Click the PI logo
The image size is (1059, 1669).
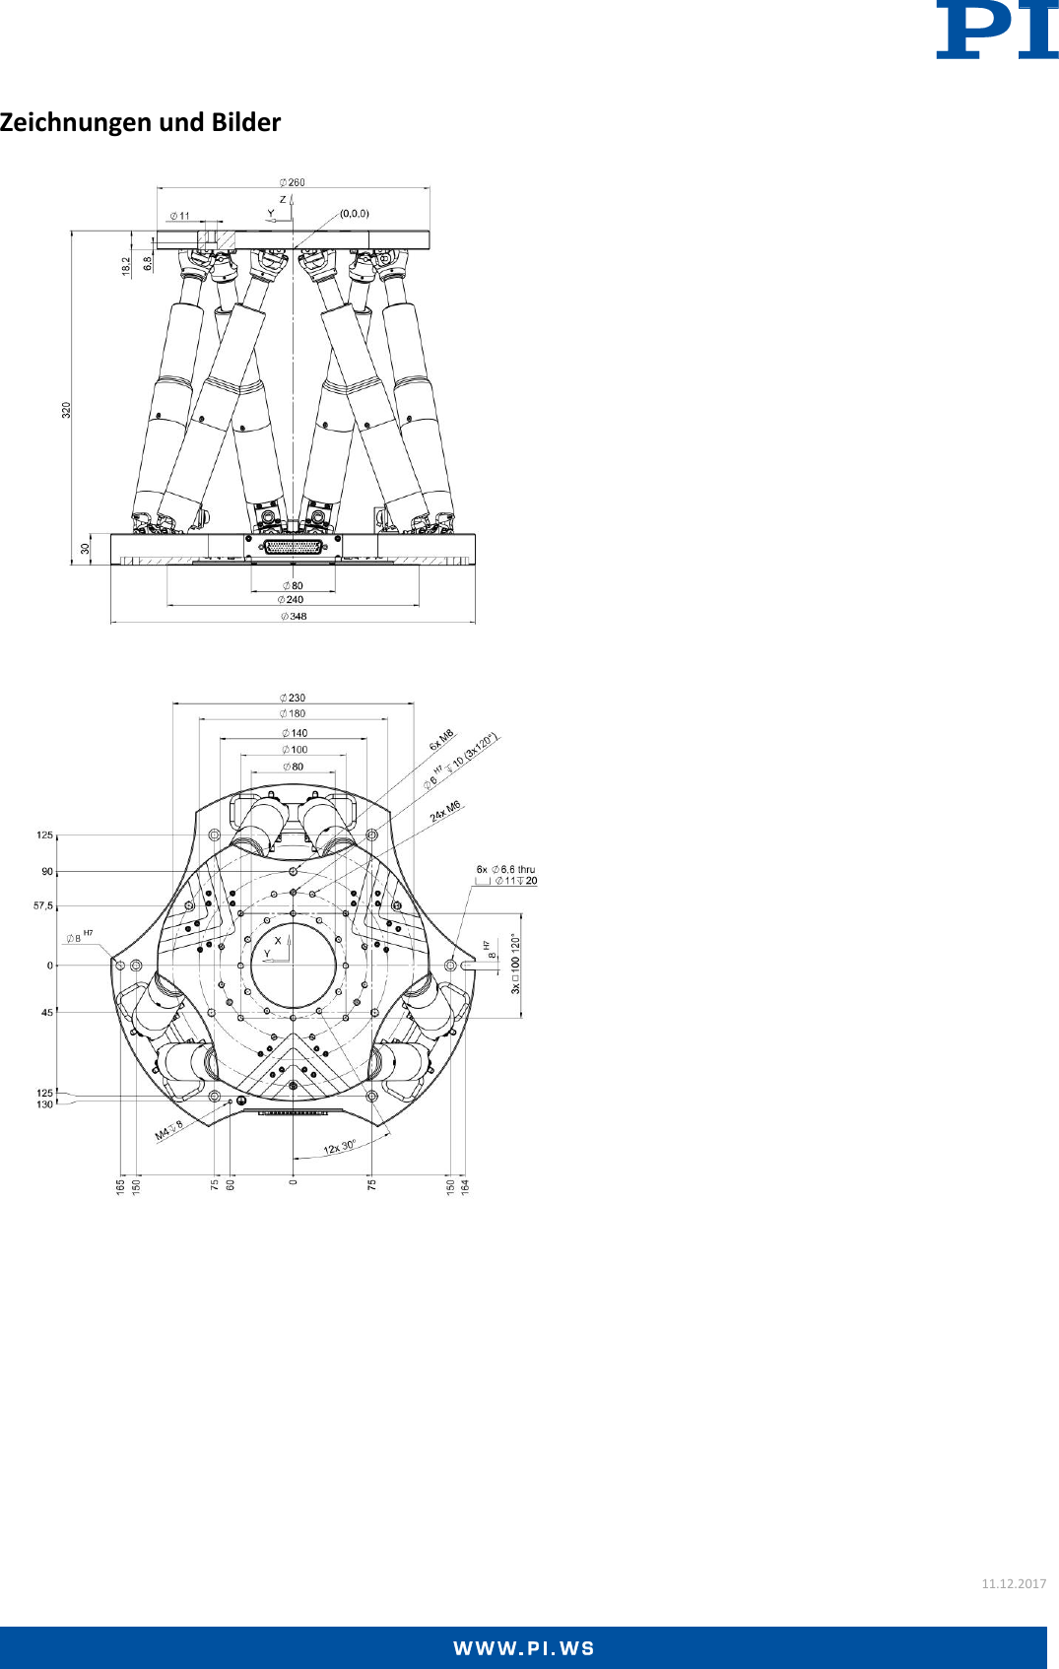(996, 30)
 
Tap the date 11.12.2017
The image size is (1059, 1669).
(1014, 1583)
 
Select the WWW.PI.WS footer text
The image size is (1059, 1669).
(524, 1649)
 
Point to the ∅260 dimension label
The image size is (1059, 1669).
(293, 182)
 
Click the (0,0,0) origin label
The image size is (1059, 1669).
(355, 213)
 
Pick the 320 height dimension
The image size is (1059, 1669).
(67, 409)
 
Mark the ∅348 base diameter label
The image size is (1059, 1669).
(294, 617)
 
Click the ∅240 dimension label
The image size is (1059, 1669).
(292, 599)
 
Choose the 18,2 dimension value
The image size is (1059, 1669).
(126, 266)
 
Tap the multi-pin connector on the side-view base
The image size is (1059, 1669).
(294, 547)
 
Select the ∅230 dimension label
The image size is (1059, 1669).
(293, 698)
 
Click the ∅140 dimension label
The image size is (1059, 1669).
(295, 733)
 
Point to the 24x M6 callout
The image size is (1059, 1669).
(445, 811)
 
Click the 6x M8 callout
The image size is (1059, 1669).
(441, 739)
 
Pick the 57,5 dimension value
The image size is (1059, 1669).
(43, 905)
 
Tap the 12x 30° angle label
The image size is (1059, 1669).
(340, 1147)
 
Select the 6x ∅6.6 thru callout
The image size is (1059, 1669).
(505, 870)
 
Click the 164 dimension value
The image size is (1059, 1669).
(466, 1186)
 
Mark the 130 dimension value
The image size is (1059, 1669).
(44, 1104)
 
